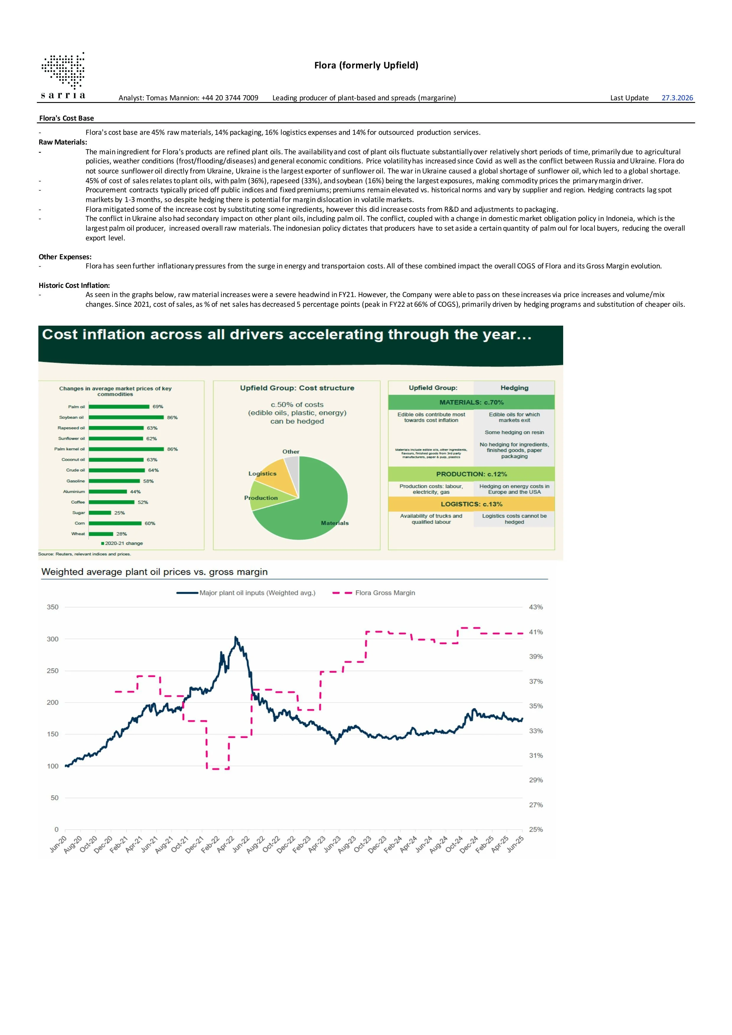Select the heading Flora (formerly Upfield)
(366, 65)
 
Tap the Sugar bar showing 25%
(100, 513)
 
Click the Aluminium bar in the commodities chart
(108, 491)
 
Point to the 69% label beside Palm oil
(157, 407)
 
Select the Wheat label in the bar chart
(78, 534)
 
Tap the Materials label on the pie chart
(335, 523)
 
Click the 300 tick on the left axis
(53, 639)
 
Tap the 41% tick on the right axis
(536, 632)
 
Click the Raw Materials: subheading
(63, 142)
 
